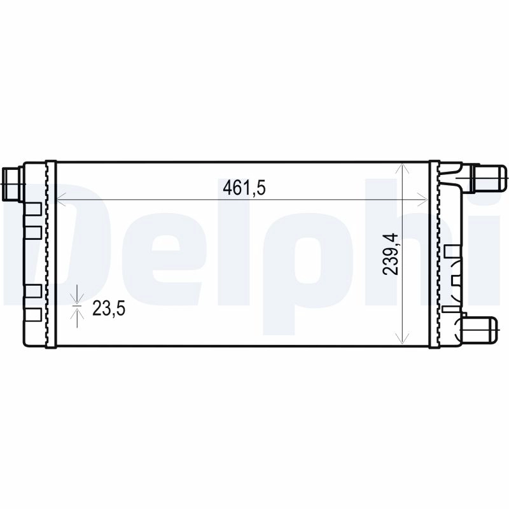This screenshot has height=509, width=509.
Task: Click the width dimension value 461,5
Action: [x=243, y=188]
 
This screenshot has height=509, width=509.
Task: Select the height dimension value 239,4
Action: [x=391, y=254]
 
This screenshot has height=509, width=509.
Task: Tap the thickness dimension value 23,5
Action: [x=109, y=309]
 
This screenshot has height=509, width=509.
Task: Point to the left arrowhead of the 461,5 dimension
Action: [x=61, y=200]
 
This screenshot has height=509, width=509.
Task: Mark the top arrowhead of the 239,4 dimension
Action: [x=401, y=167]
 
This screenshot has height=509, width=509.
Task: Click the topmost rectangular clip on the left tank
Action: [x=34, y=209]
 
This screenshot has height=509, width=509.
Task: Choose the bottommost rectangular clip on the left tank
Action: [x=34, y=313]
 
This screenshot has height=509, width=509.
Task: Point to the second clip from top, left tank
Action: [x=34, y=230]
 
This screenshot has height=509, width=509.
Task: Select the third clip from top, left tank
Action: [x=34, y=291]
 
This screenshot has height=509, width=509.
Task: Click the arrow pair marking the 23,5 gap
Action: [x=77, y=306]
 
